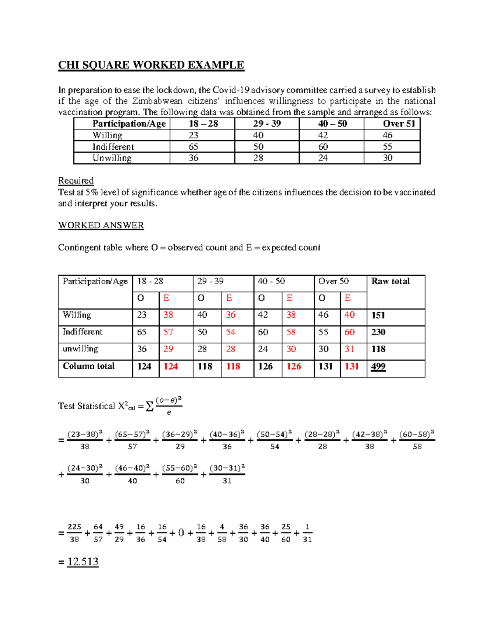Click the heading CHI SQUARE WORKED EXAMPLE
tap(151, 65)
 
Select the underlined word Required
tap(76, 181)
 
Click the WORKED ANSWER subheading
tap(101, 225)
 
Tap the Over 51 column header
tap(399, 123)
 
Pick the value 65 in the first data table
tap(193, 147)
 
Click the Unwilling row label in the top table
tap(112, 158)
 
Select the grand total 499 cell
tap(378, 366)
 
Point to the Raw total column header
tap(390, 281)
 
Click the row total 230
tap(378, 332)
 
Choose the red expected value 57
tap(168, 332)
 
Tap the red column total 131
tap(352, 366)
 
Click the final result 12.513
tap(83, 562)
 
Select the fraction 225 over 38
tap(75, 533)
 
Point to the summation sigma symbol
tap(150, 407)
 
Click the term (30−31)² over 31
tap(227, 474)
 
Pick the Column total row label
tap(89, 366)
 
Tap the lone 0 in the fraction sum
tap(181, 533)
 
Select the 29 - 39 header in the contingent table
tap(210, 281)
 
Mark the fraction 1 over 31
tap(307, 533)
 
